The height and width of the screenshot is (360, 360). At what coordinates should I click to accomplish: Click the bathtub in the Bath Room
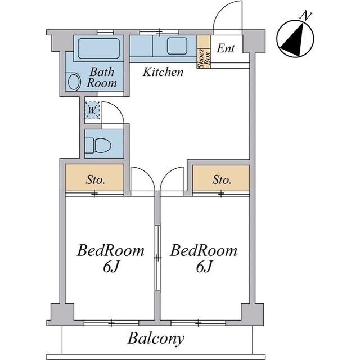tap(99, 48)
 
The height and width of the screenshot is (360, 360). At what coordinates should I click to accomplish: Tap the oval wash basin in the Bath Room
tap(74, 82)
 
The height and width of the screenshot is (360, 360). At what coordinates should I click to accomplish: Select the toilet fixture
tap(98, 145)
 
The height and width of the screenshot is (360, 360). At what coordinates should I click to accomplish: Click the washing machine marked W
tap(92, 110)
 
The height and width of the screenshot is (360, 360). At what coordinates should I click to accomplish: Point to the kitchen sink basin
tap(177, 46)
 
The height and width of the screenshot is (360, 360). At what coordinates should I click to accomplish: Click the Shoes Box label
tap(204, 58)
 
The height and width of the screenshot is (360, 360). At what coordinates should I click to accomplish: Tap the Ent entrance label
tap(226, 48)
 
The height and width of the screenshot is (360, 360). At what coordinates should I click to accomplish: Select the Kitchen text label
tap(163, 72)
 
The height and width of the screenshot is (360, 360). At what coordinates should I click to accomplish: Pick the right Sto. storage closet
tap(221, 178)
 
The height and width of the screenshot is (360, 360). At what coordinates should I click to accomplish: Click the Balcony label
tap(156, 339)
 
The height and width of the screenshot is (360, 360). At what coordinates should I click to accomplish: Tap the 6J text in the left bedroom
tap(111, 267)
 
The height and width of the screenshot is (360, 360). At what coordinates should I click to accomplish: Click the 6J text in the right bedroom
tap(204, 267)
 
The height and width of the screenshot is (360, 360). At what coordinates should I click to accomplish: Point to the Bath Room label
tap(102, 77)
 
